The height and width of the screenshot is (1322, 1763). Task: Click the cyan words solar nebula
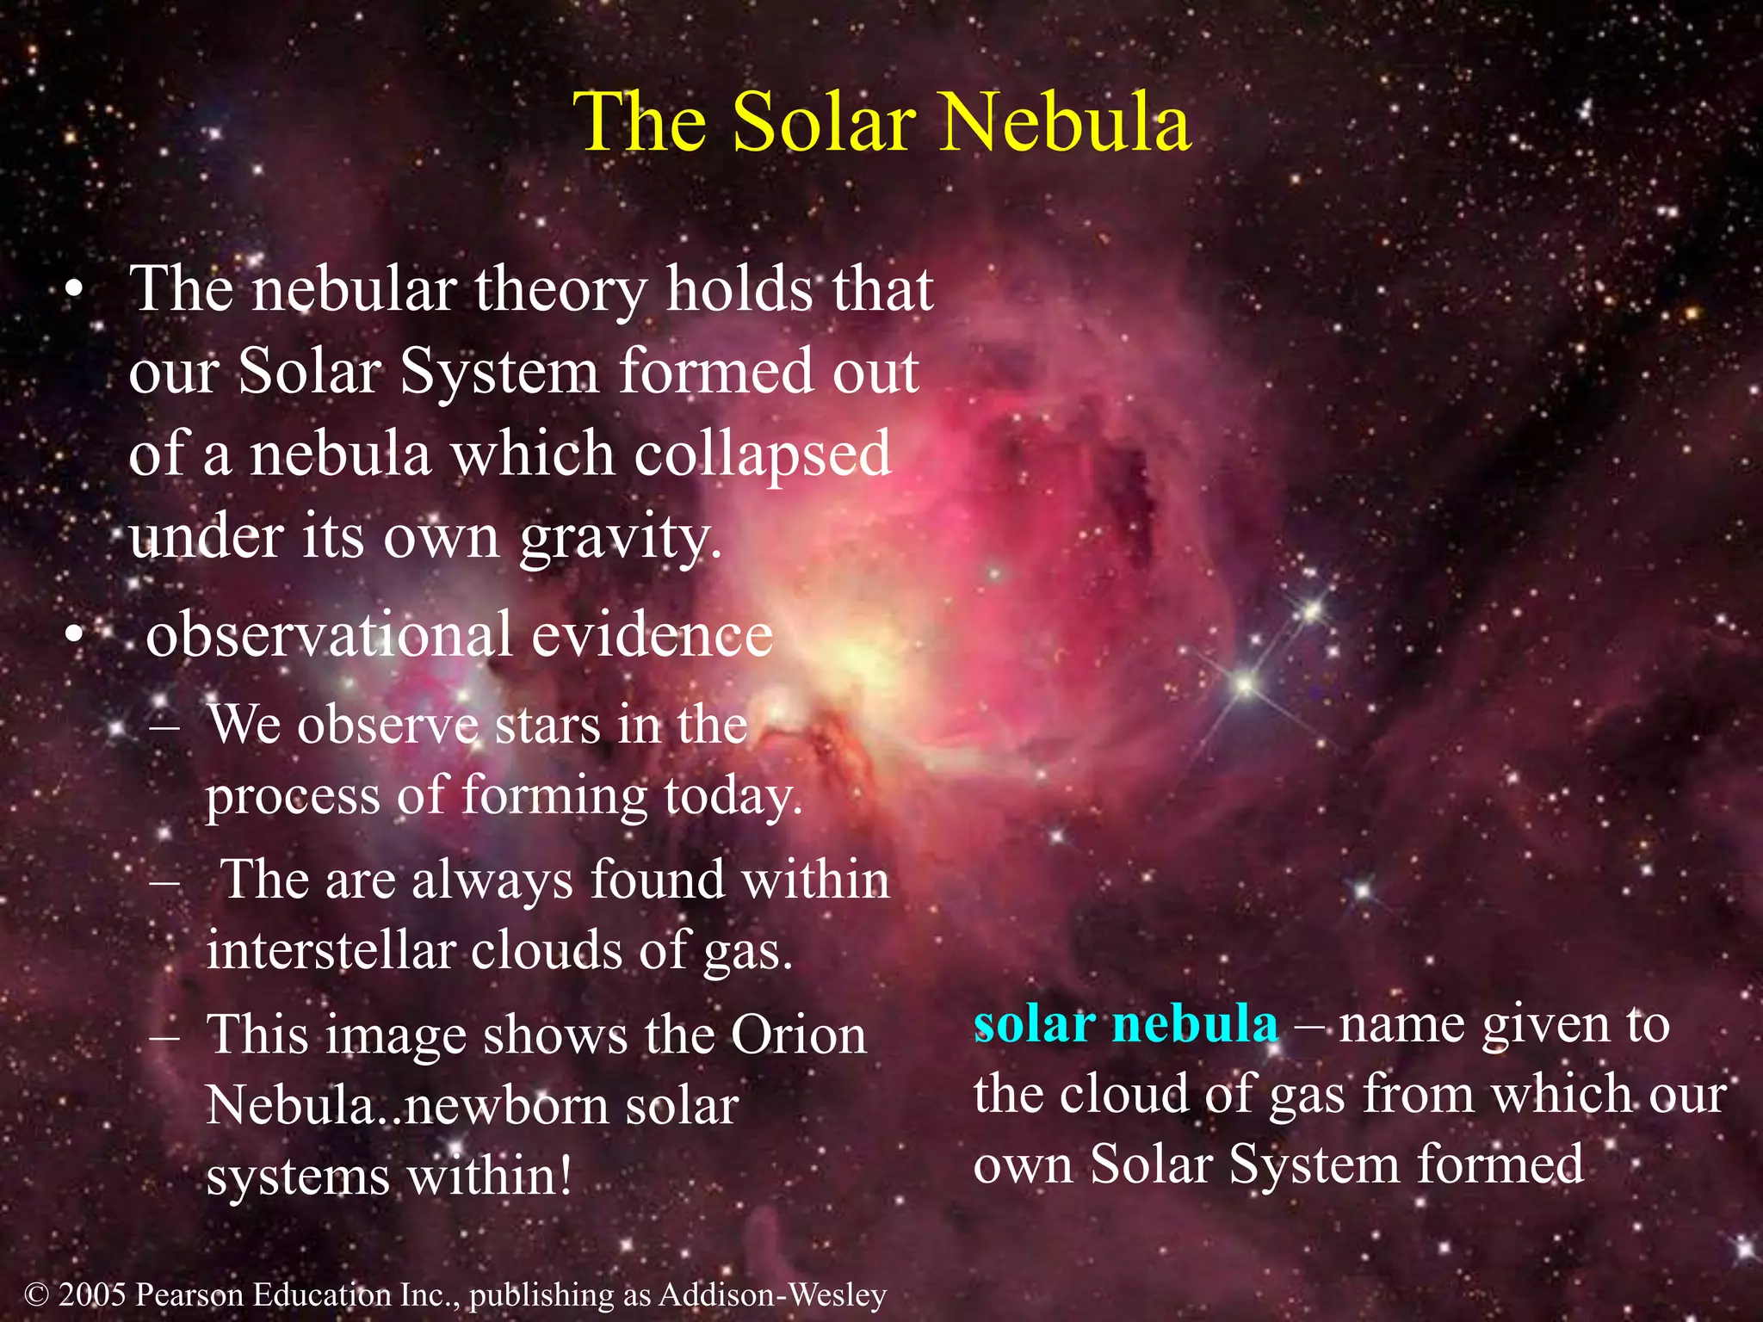(1125, 1024)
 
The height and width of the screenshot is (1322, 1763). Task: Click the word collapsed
(762, 454)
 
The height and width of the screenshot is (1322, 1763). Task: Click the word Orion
(797, 1035)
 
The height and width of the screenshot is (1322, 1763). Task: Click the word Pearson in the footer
(189, 1294)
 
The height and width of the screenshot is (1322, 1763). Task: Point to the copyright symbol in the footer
(35, 1294)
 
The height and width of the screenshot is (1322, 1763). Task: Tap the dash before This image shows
(163, 1036)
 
